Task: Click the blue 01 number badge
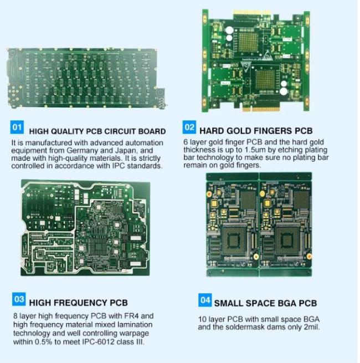[17, 127]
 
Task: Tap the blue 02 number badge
[189, 127]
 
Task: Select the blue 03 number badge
[19, 299]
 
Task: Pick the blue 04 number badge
[205, 300]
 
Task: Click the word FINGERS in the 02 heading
[259, 131]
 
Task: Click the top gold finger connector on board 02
[251, 13]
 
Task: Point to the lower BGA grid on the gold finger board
[265, 79]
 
